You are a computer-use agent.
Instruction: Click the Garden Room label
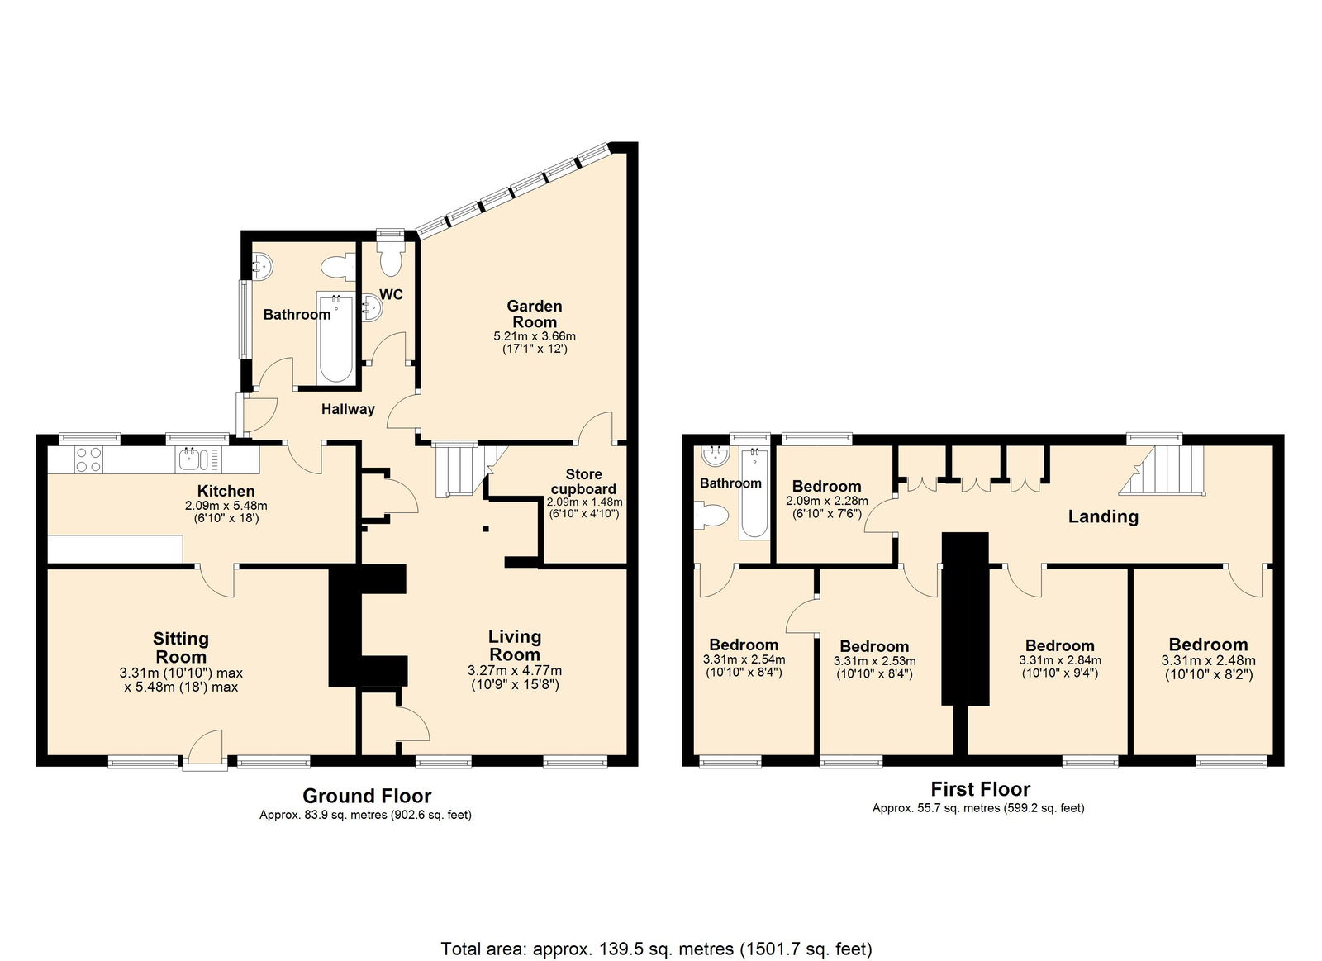(534, 314)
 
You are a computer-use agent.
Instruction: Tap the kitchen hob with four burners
(88, 459)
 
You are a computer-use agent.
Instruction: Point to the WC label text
(392, 294)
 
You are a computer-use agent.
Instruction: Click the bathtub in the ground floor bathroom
(335, 338)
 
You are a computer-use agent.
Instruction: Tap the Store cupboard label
(583, 482)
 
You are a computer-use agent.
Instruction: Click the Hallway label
(348, 409)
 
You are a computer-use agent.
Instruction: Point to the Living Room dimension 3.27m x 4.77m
(515, 671)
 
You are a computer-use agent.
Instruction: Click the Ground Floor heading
(367, 797)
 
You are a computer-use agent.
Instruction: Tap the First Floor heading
(981, 789)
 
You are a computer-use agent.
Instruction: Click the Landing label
(1103, 516)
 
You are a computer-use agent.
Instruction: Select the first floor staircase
(1162, 470)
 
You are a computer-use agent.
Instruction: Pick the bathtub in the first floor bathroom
(754, 493)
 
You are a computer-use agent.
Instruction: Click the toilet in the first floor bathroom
(712, 516)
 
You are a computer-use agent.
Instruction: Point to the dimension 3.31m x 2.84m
(1060, 660)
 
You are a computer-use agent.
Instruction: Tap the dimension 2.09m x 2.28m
(827, 502)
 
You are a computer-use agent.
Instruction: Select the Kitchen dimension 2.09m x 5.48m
(226, 506)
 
